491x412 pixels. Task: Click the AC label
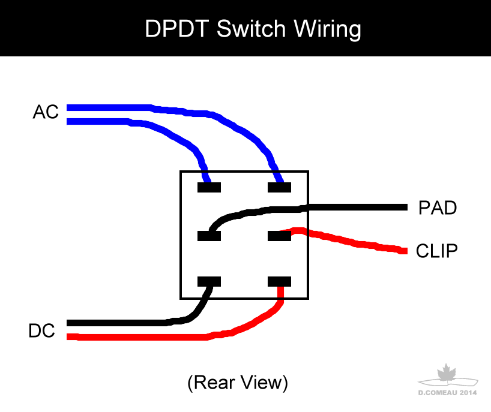46,112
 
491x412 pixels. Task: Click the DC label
42,331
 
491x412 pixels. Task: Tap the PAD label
438,209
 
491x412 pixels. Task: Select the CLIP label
437,251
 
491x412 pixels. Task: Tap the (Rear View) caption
238,382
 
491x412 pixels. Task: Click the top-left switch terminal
209,188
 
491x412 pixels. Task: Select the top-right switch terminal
279,188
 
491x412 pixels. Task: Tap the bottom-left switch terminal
209,281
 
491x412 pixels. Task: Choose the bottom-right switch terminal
279,281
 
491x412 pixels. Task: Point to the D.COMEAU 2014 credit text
447,393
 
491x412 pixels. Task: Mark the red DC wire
138,337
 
